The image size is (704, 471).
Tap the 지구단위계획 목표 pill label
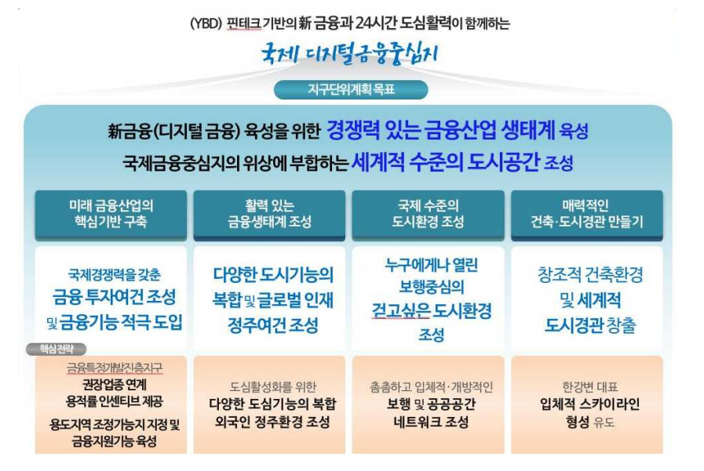pyautogui.click(x=351, y=89)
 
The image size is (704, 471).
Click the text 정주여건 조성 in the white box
pyautogui.click(x=273, y=324)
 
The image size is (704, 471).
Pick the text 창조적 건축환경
pyautogui.click(x=590, y=275)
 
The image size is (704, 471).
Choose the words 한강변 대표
pyautogui.click(x=589, y=386)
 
